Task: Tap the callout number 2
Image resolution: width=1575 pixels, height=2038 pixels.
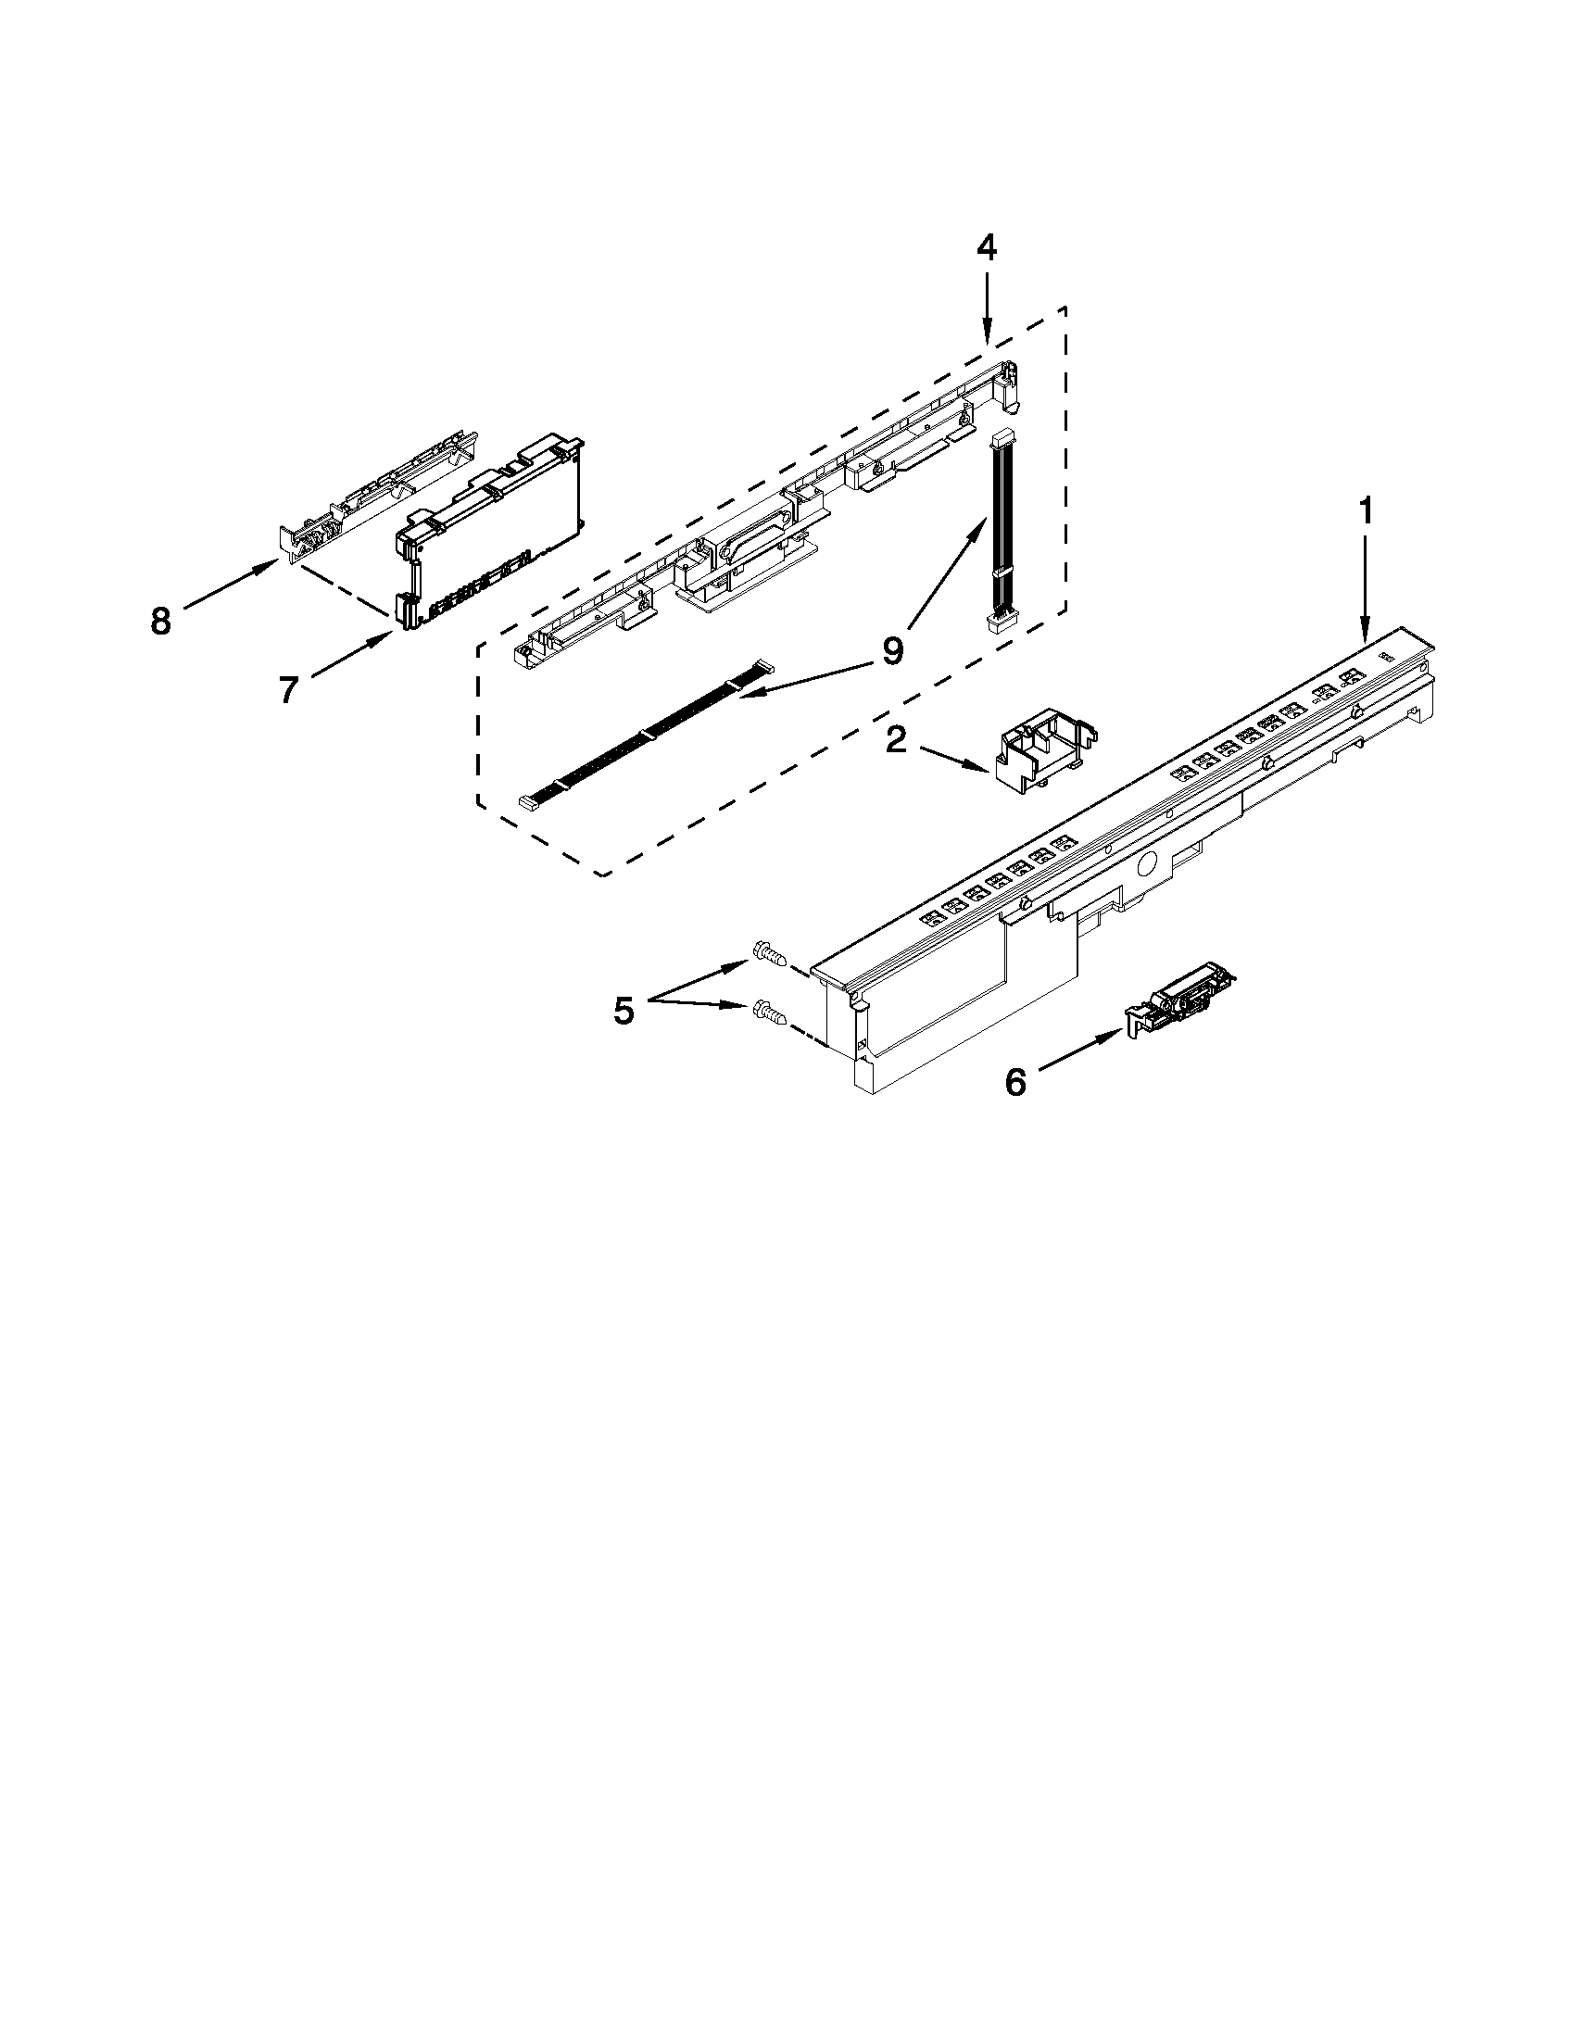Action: click(x=896, y=740)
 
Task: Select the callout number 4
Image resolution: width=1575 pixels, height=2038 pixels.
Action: click(x=988, y=247)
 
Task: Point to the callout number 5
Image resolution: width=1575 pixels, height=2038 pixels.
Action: click(x=624, y=1011)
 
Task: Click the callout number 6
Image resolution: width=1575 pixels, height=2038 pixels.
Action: click(x=1015, y=1082)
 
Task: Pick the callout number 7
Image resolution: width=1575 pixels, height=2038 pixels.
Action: click(x=288, y=690)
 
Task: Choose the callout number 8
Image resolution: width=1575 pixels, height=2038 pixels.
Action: click(x=160, y=621)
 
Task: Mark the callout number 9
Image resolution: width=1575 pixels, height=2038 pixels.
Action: click(x=893, y=650)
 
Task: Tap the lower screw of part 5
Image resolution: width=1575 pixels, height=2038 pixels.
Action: click(x=767, y=1011)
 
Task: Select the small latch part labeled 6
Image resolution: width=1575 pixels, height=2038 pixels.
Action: click(x=1181, y=1000)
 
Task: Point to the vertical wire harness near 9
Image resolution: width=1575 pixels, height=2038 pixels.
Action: click(x=1002, y=532)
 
